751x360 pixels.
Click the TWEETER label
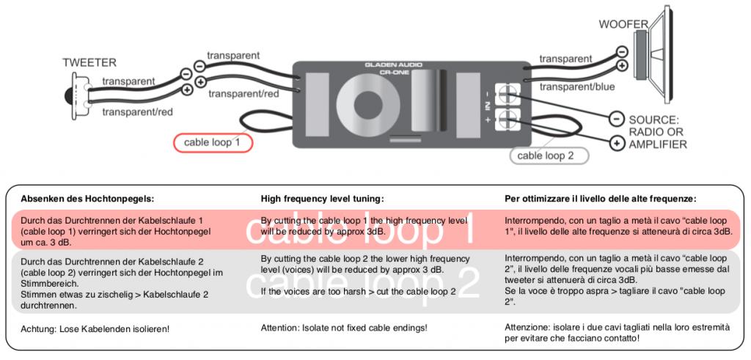pyautogui.click(x=89, y=63)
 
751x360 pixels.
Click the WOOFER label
pyautogui.click(x=623, y=24)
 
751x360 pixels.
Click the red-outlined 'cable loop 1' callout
pyautogui.click(x=212, y=143)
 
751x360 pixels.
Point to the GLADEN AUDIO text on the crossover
pyautogui.click(x=394, y=65)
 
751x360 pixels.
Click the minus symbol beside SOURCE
pyautogui.click(x=616, y=118)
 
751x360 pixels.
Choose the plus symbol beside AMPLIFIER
pyautogui.click(x=616, y=142)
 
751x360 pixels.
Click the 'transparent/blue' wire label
pyautogui.click(x=577, y=87)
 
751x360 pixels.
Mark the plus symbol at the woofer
pyautogui.click(x=621, y=65)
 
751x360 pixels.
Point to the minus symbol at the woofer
pyautogui.click(x=621, y=51)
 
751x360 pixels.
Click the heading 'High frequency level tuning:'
pyautogui.click(x=323, y=198)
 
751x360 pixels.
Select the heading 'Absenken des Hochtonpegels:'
pyautogui.click(x=87, y=198)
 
